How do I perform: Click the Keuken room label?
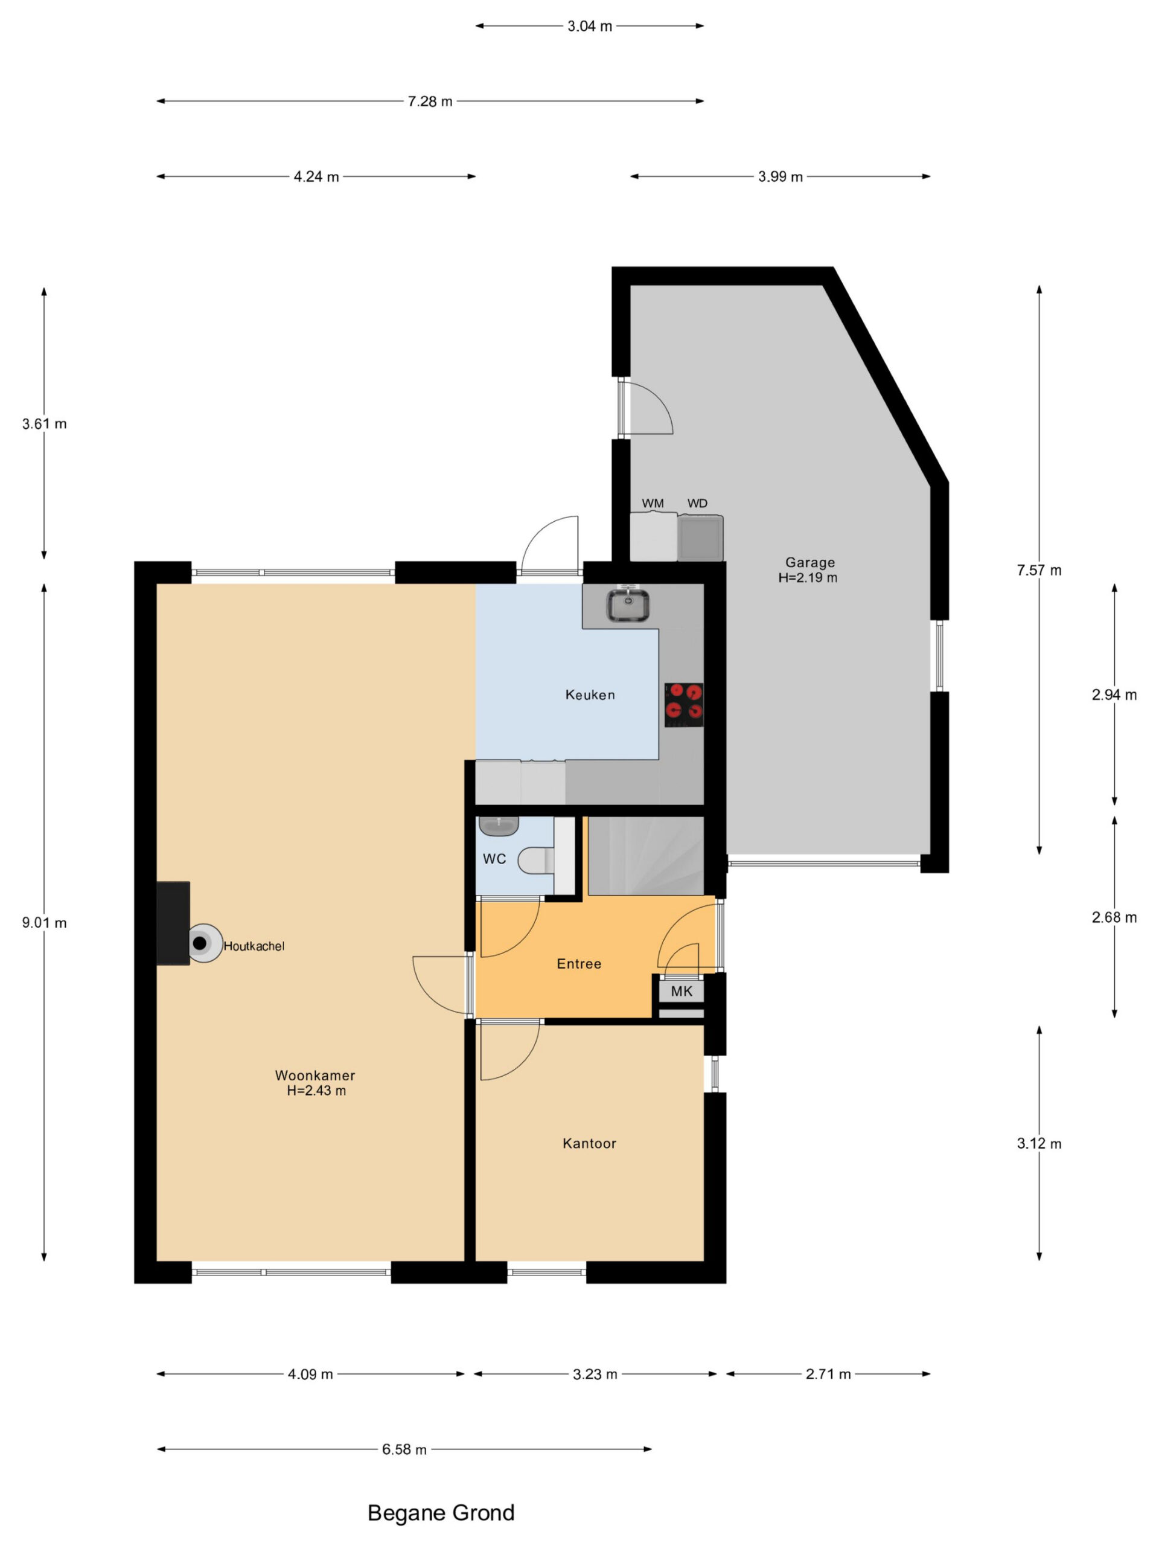pos(590,694)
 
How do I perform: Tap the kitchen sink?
pos(627,605)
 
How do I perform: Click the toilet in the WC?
pos(536,860)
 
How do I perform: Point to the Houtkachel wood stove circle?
pos(205,943)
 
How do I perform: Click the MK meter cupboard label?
pos(681,990)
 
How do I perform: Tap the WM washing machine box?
pos(653,536)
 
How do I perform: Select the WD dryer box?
pos(700,537)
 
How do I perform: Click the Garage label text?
pos(809,562)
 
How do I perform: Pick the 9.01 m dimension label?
pos(44,923)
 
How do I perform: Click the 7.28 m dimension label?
pos(430,101)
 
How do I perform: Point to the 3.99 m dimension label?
pos(781,177)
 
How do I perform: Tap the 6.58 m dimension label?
pos(404,1449)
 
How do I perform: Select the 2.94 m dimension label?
pos(1114,694)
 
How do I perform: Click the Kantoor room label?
pos(589,1143)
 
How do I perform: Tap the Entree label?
pos(578,964)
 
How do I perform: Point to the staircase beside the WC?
pos(645,856)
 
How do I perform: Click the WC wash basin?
pos(498,826)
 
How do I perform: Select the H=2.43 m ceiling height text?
pos(316,1090)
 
